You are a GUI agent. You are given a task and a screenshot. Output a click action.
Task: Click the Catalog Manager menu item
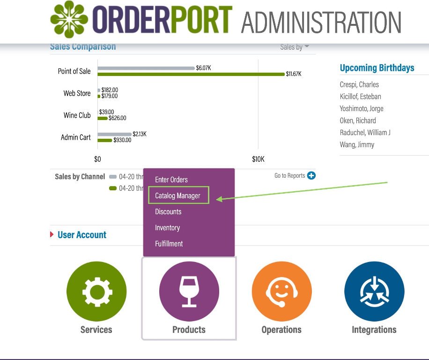click(178, 195)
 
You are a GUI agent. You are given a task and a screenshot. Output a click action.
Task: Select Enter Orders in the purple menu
click(171, 180)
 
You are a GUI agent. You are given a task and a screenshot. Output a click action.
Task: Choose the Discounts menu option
click(168, 211)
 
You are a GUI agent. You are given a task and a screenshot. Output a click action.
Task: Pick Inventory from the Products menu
click(167, 227)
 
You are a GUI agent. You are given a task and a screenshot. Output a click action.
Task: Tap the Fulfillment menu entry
click(169, 243)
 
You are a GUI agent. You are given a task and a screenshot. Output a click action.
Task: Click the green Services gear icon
click(96, 292)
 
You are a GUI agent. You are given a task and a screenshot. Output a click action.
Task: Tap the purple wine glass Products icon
click(189, 292)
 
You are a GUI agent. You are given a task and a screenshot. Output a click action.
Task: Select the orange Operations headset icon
click(281, 292)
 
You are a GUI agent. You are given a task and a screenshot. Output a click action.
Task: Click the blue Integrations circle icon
click(374, 292)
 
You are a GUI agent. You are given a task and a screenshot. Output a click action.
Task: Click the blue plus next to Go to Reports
click(311, 176)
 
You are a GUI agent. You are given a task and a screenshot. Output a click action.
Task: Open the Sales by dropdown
click(295, 47)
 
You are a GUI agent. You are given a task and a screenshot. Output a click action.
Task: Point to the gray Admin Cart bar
click(114, 134)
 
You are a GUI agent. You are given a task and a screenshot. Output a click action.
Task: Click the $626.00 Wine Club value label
click(117, 118)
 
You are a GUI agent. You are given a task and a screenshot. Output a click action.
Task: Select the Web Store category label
click(77, 93)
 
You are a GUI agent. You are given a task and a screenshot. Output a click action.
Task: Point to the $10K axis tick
click(258, 159)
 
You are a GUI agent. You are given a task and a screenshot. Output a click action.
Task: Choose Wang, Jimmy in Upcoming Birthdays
click(357, 144)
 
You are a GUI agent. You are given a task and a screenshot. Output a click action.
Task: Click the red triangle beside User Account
click(52, 234)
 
